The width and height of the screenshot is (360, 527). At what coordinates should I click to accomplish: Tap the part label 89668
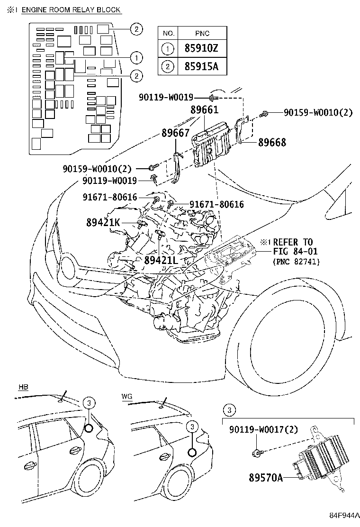point(272,142)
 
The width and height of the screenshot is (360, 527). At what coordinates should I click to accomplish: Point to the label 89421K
point(103,221)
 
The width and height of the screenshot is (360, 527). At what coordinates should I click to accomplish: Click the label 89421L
point(161,261)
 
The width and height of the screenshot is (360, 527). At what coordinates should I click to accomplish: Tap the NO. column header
point(168,33)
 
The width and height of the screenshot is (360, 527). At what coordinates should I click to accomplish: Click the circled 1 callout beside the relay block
point(136,57)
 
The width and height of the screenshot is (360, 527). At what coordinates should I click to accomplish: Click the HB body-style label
point(23,387)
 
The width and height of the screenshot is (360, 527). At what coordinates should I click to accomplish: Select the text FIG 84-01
point(295,251)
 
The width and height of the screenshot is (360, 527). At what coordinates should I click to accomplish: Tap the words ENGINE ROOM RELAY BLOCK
point(71,10)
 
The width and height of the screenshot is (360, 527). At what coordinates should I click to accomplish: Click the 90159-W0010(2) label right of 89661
point(318,112)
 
